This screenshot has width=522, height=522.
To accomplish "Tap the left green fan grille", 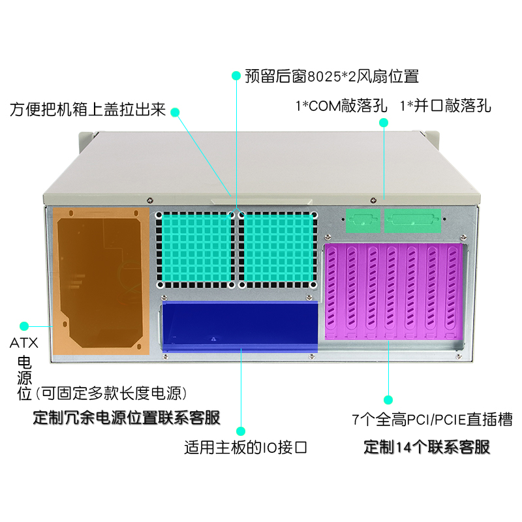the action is pos(195,250).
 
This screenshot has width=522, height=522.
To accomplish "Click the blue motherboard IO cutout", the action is pos(239,324).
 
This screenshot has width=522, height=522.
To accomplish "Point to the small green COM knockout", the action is pos(363,220).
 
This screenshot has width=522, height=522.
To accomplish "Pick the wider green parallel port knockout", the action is pos(413,220).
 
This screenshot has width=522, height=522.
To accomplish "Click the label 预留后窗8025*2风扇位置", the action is pos(331,76).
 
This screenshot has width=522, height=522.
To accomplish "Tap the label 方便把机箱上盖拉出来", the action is pos(87,110).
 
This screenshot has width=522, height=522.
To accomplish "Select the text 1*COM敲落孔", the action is pos(341,105).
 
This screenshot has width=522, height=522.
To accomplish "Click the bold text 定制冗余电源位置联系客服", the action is pos(126,418).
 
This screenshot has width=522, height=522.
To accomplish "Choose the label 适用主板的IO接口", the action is pos(245,448).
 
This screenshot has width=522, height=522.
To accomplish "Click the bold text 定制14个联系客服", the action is pos(426,448).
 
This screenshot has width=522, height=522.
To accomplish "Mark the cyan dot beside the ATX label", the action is pos(25,325).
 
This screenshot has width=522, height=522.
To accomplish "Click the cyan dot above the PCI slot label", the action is pos(388,399).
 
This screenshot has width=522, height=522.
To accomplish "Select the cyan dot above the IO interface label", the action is pos(241,431).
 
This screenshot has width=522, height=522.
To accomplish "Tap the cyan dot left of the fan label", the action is pos(236,76).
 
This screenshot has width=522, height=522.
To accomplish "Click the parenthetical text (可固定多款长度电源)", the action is pos(112,393).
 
